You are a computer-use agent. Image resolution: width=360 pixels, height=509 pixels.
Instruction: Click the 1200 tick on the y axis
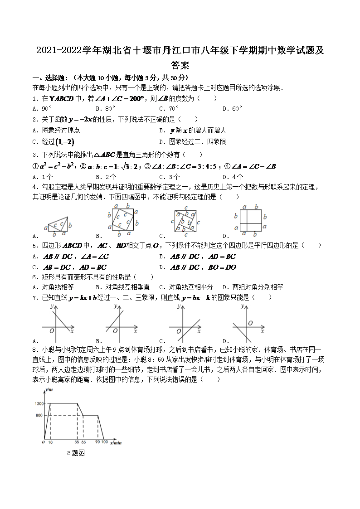[x=39, y=403]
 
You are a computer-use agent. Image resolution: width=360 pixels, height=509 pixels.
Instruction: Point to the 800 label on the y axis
[x=39, y=415]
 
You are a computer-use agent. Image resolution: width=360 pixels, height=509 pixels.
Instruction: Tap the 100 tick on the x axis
[x=104, y=442]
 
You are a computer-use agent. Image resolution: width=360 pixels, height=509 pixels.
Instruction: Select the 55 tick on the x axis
[x=77, y=442]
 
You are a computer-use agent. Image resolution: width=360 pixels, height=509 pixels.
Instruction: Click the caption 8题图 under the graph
[x=76, y=453]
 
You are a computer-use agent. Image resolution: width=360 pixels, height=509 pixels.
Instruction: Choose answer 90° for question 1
[x=44, y=109]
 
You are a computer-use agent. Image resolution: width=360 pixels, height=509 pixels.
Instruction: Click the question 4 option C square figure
[x=185, y=221]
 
